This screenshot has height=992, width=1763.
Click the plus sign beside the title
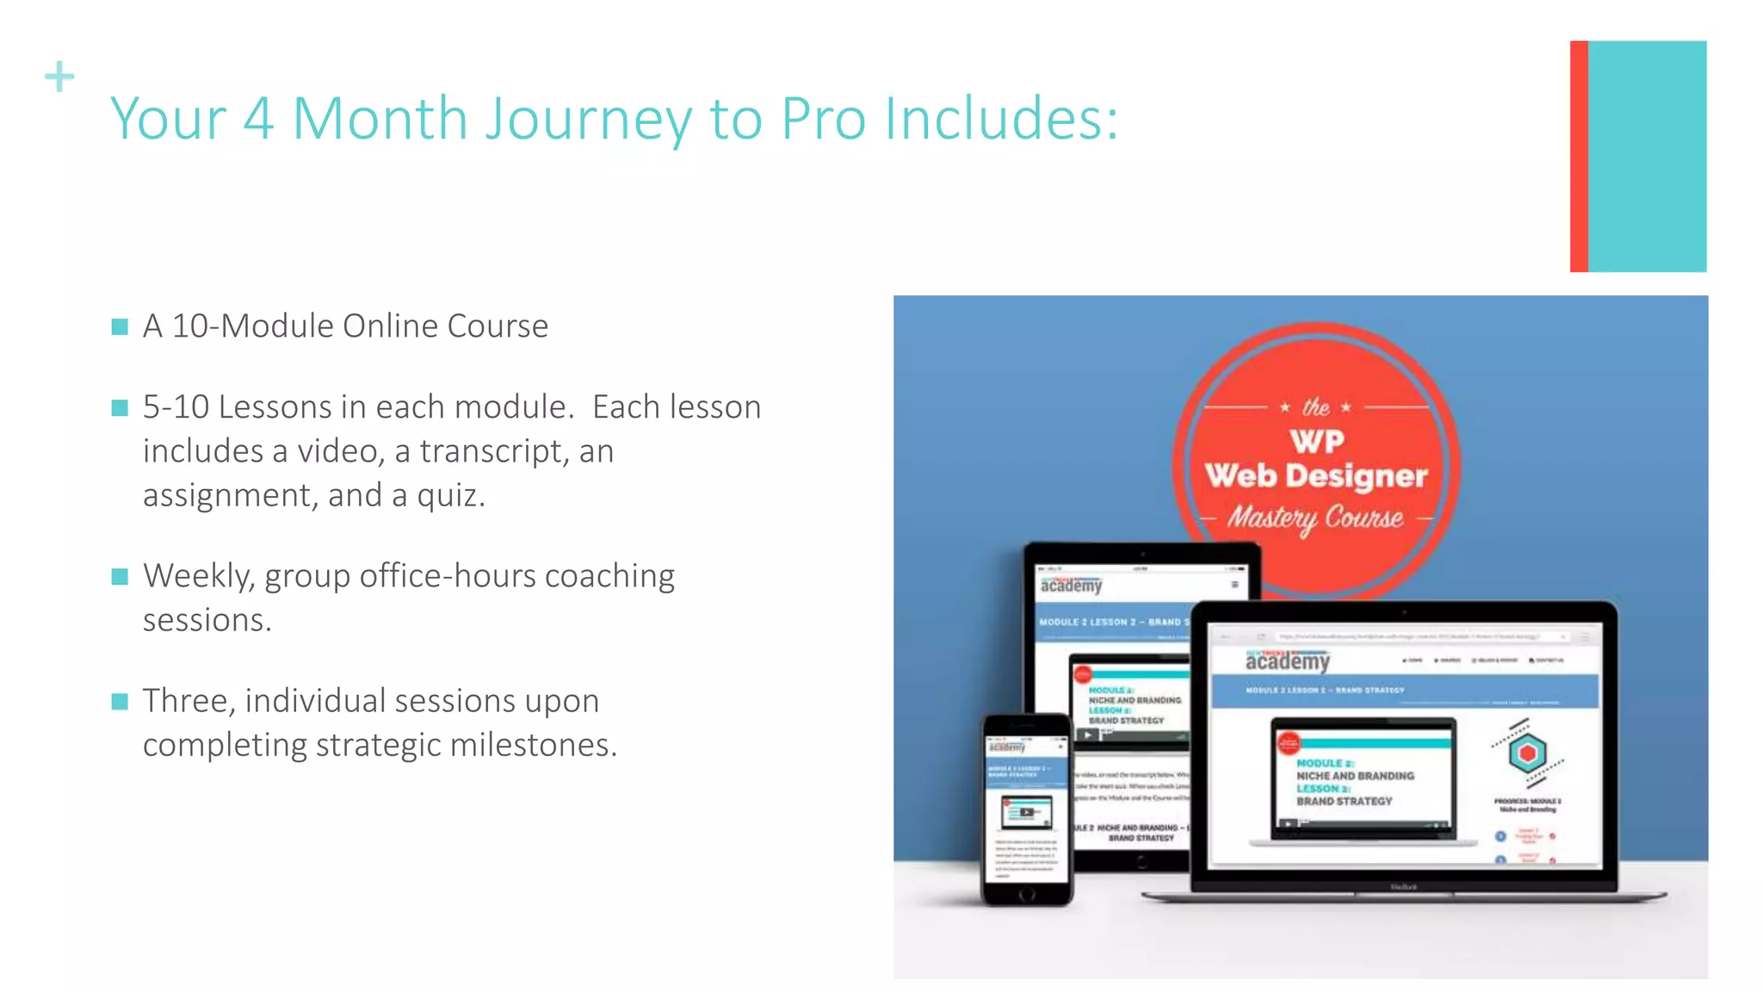[59, 77]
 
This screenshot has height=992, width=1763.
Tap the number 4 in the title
[258, 119]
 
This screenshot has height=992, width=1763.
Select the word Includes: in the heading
[1001, 119]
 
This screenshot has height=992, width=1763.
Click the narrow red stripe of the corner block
[1578, 156]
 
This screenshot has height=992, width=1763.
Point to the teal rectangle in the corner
[1647, 156]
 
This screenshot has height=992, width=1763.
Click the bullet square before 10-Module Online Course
[120, 326]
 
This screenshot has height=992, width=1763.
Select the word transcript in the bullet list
[494, 451]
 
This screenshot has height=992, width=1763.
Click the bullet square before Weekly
[120, 576]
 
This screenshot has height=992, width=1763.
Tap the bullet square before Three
[120, 701]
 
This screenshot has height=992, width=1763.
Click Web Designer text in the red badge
[1315, 475]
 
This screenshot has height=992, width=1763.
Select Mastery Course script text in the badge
[1315, 518]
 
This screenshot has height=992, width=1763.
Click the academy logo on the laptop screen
[1287, 661]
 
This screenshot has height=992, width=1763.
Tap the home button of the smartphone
[1026, 895]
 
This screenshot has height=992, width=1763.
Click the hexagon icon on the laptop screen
[1527, 753]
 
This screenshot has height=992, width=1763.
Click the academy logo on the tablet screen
[1070, 586]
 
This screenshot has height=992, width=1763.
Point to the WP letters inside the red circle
[1316, 442]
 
